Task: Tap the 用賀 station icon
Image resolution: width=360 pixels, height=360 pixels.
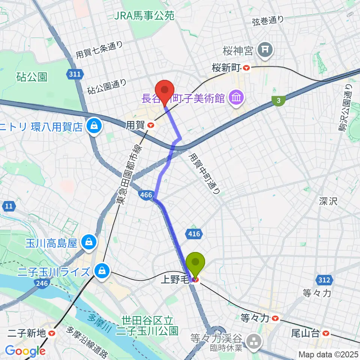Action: [x=151, y=126]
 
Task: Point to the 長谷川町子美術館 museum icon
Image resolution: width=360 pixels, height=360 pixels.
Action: [x=237, y=98]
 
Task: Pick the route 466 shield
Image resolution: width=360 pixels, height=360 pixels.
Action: [x=145, y=194]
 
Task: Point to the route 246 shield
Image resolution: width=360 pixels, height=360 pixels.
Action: [x=42, y=283]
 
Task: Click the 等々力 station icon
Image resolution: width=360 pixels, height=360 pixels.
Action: [x=276, y=318]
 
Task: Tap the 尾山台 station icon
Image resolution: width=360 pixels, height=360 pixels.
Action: [x=326, y=332]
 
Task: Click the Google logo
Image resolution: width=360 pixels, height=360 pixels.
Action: [x=25, y=351]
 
